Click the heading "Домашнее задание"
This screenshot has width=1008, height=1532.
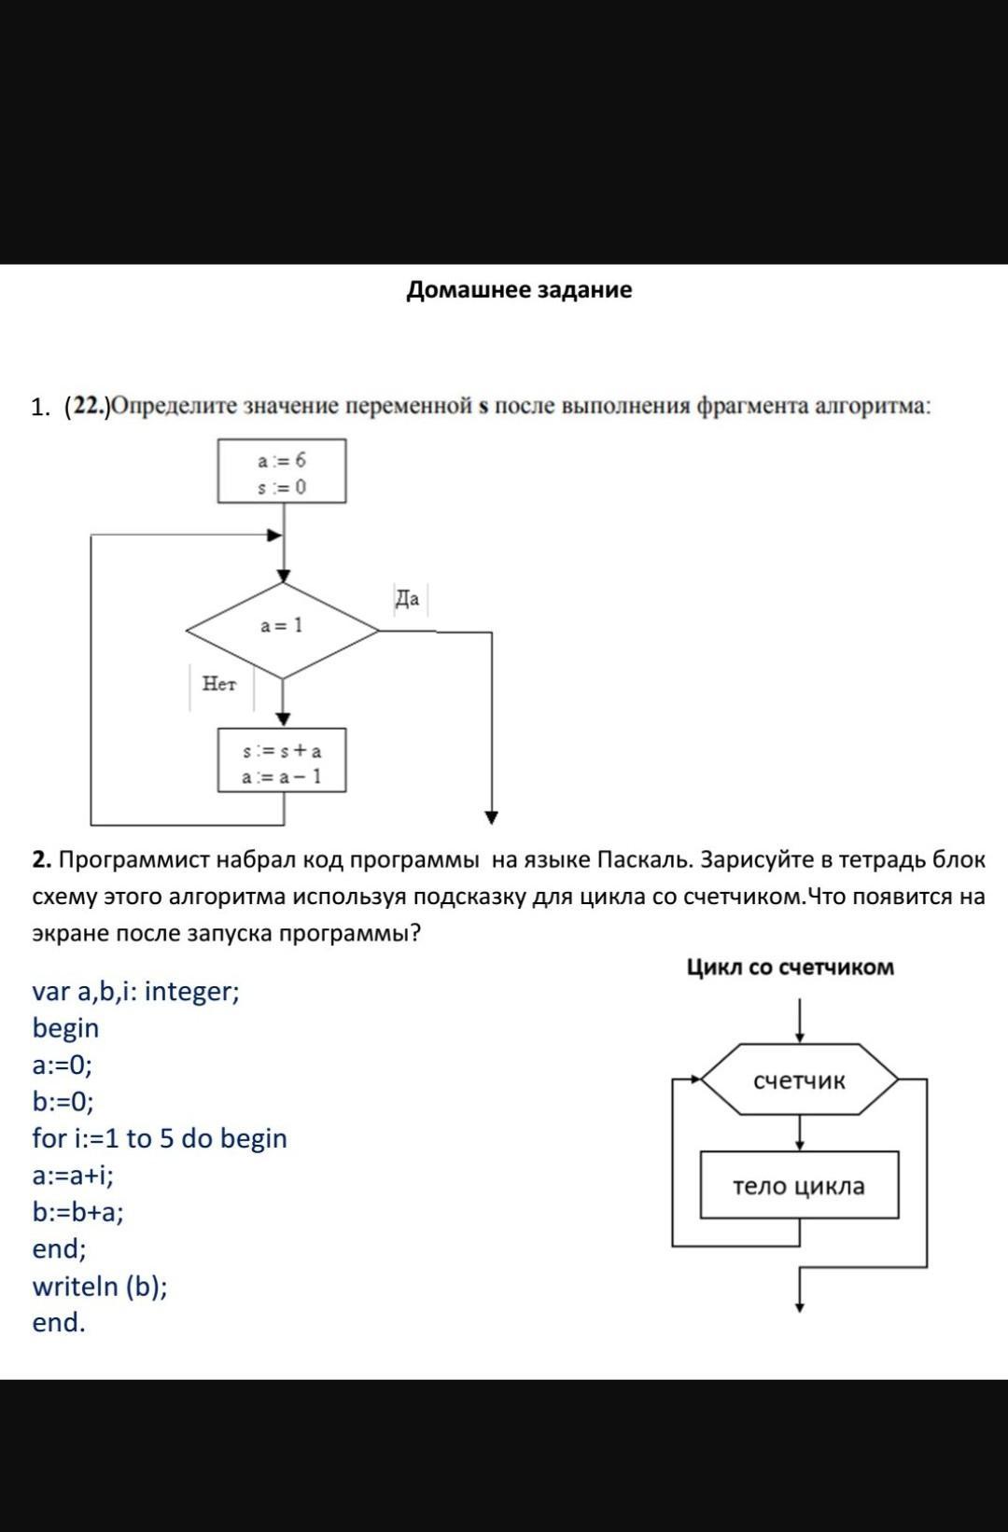[519, 290]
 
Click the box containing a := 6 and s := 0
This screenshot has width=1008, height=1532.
[282, 472]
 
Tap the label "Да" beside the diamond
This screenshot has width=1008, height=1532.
[408, 599]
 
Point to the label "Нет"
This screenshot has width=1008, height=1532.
[219, 684]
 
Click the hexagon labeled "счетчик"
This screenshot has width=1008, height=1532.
[799, 1080]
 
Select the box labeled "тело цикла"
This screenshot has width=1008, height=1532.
[799, 1186]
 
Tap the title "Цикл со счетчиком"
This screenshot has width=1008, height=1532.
[790, 968]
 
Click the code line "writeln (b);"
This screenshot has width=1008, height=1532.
[100, 1287]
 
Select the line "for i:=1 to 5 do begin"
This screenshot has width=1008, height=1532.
[160, 1138]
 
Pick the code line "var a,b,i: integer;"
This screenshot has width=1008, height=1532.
[135, 991]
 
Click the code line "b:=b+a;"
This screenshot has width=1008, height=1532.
[77, 1212]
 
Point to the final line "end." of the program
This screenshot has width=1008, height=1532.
[58, 1323]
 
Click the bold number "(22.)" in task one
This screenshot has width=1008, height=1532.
[87, 407]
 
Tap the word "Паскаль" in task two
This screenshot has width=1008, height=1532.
[644, 860]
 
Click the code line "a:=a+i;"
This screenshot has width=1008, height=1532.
[73, 1176]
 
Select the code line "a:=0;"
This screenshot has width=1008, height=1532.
[62, 1065]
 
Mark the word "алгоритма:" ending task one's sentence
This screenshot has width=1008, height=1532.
[873, 407]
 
